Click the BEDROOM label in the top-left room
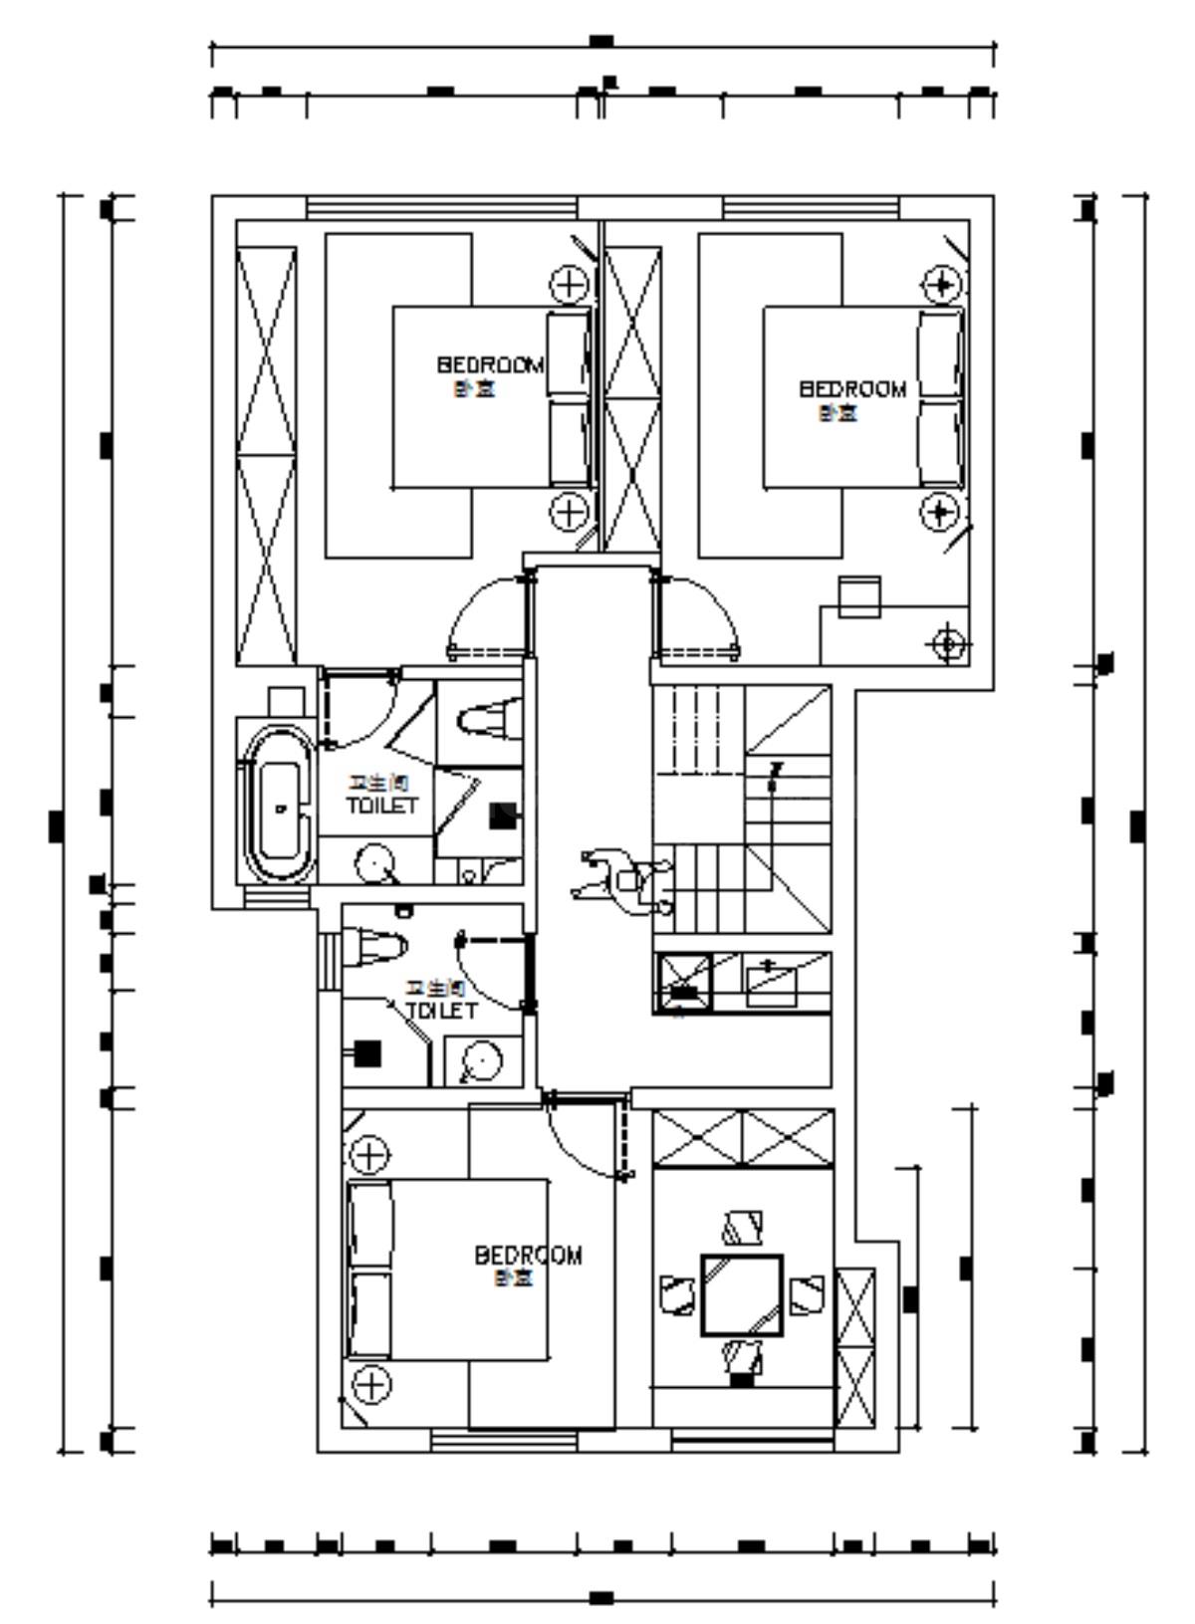click(x=490, y=365)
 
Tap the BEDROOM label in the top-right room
click(x=852, y=389)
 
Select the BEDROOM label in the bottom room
click(x=528, y=1256)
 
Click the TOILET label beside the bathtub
click(x=381, y=805)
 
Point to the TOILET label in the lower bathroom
click(x=441, y=1011)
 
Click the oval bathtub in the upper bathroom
click(x=278, y=807)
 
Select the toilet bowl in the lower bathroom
click(x=373, y=946)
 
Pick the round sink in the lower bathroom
click(x=482, y=1061)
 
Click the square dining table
click(x=742, y=1294)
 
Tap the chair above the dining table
click(x=743, y=1227)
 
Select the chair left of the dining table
click(x=676, y=1294)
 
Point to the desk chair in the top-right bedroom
click(x=858, y=595)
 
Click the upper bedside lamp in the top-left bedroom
click(x=569, y=285)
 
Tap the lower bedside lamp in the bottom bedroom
click(x=370, y=1384)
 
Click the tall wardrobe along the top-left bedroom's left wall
click(x=266, y=455)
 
